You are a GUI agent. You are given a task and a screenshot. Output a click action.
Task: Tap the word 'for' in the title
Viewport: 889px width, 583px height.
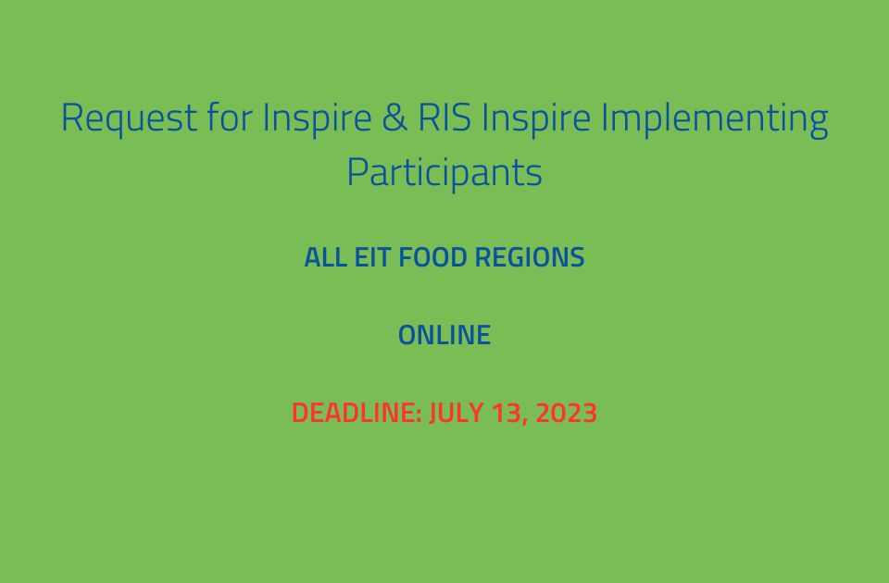click(230, 117)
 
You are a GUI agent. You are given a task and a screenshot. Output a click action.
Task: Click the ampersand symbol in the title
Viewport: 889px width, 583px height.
click(394, 118)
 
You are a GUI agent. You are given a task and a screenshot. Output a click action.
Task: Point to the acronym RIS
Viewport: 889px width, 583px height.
click(444, 118)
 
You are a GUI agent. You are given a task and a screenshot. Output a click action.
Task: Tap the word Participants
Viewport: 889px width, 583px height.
click(444, 172)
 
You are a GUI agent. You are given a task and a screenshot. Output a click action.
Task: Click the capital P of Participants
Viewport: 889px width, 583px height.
click(357, 172)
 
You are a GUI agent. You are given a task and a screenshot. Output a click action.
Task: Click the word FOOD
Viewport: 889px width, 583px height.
click(433, 257)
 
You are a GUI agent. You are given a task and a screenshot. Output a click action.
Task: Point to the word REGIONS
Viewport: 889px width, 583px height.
click(530, 257)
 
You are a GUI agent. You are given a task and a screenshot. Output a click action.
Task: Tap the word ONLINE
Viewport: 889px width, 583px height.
click(444, 335)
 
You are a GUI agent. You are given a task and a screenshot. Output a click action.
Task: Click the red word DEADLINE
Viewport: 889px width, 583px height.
click(353, 413)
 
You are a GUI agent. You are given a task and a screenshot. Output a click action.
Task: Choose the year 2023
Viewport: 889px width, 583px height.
click(567, 413)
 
